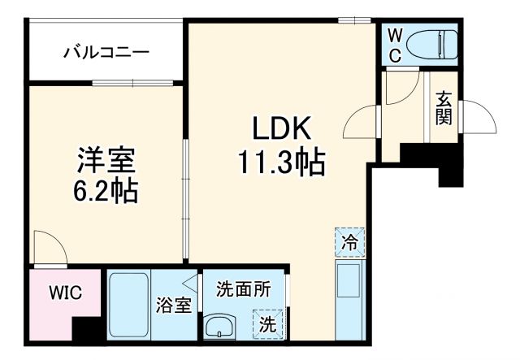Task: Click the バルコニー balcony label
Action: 106,53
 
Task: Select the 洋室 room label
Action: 106,159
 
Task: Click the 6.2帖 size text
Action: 106,192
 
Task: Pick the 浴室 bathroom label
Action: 173,306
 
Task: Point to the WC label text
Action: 393,45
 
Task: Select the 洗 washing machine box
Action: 269,323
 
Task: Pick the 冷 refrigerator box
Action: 349,241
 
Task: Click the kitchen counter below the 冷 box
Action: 350,300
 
